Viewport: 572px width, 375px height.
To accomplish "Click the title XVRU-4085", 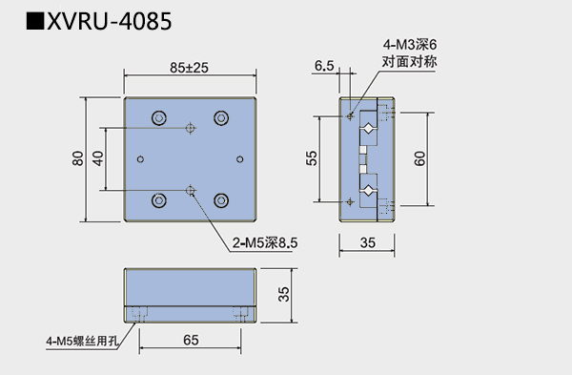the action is (109, 21).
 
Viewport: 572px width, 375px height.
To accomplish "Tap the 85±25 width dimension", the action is (189, 68).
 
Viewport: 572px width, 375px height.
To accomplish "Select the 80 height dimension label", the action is (78, 158).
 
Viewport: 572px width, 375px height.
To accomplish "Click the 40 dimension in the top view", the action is (98, 158).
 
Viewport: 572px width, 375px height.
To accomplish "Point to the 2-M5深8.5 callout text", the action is (265, 242).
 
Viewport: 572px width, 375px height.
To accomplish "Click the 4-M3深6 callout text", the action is (410, 45).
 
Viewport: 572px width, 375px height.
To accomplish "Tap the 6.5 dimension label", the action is (324, 66).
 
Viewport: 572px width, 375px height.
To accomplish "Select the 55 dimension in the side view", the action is (312, 158).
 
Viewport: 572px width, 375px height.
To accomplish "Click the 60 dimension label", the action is (419, 158).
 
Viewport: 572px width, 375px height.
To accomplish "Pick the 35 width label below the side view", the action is (367, 242).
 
